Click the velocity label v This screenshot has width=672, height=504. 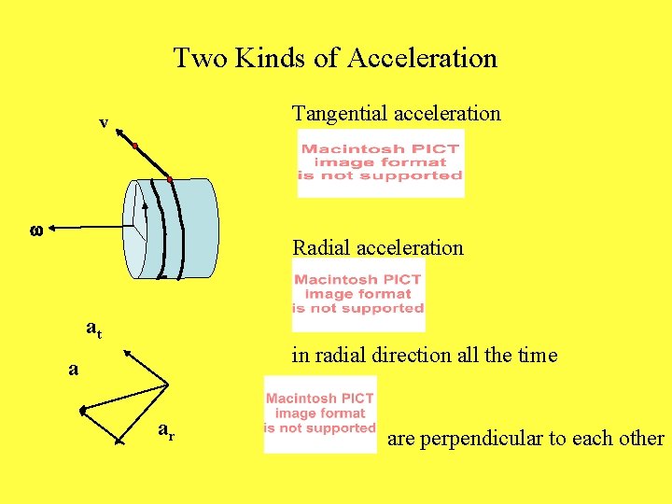[x=105, y=122]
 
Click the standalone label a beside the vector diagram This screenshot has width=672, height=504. [x=73, y=369]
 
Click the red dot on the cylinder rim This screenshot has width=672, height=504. [x=170, y=178]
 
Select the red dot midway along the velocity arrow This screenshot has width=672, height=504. [x=136, y=147]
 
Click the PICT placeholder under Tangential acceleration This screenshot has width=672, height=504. [x=380, y=163]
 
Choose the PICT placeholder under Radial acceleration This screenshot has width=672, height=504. [x=358, y=295]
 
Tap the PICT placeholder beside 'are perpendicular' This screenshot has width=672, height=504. [x=320, y=414]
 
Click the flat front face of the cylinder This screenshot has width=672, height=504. [x=136, y=229]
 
